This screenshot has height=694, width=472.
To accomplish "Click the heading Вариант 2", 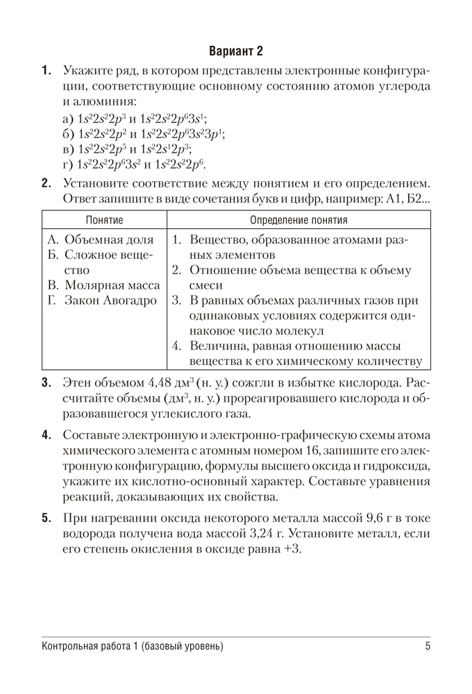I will pyautogui.click(x=236, y=51).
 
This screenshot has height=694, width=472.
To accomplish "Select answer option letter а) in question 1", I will pyautogui.click(x=68, y=119).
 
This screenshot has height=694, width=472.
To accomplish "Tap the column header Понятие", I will pyautogui.click(x=104, y=220).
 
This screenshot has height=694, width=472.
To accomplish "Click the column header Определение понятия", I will pyautogui.click(x=298, y=220).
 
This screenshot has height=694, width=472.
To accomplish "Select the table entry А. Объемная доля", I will pyautogui.click(x=101, y=239).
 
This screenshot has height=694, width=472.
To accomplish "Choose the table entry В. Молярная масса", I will pyautogui.click(x=103, y=285).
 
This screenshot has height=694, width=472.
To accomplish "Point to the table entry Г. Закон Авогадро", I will pyautogui.click(x=101, y=301).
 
